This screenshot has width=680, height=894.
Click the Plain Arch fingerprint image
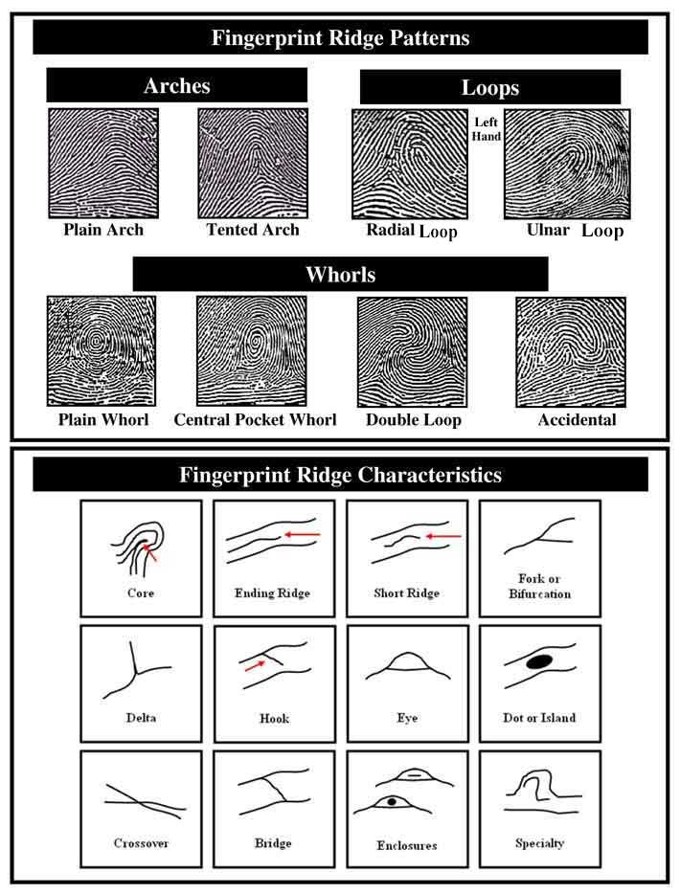pyautogui.click(x=102, y=164)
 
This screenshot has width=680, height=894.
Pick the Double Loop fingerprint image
pyautogui.click(x=411, y=351)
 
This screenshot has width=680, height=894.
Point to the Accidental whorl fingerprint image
pyautogui.click(x=571, y=351)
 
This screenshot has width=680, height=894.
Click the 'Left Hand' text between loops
pyautogui.click(x=487, y=129)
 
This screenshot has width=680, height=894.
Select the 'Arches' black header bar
pyautogui.click(x=177, y=86)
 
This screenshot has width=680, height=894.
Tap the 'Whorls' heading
pyautogui.click(x=340, y=275)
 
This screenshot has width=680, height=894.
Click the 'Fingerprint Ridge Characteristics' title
pyautogui.click(x=340, y=475)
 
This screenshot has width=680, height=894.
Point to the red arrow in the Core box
pyautogui.click(x=152, y=554)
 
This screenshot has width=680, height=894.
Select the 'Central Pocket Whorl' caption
pyautogui.click(x=255, y=420)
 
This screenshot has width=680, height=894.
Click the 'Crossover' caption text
pyautogui.click(x=141, y=843)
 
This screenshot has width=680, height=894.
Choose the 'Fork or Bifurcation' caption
pyautogui.click(x=540, y=586)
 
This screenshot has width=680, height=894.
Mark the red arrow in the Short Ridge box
pyautogui.click(x=442, y=537)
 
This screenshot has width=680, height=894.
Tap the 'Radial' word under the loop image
pyautogui.click(x=390, y=230)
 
